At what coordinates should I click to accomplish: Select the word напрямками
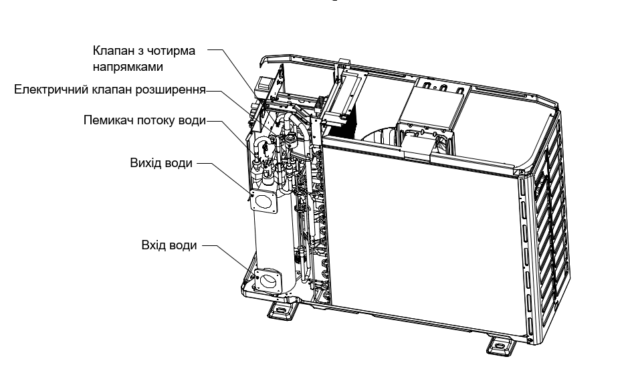point(128,67)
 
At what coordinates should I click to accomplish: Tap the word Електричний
point(52,90)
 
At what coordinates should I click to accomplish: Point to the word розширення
point(171,90)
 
